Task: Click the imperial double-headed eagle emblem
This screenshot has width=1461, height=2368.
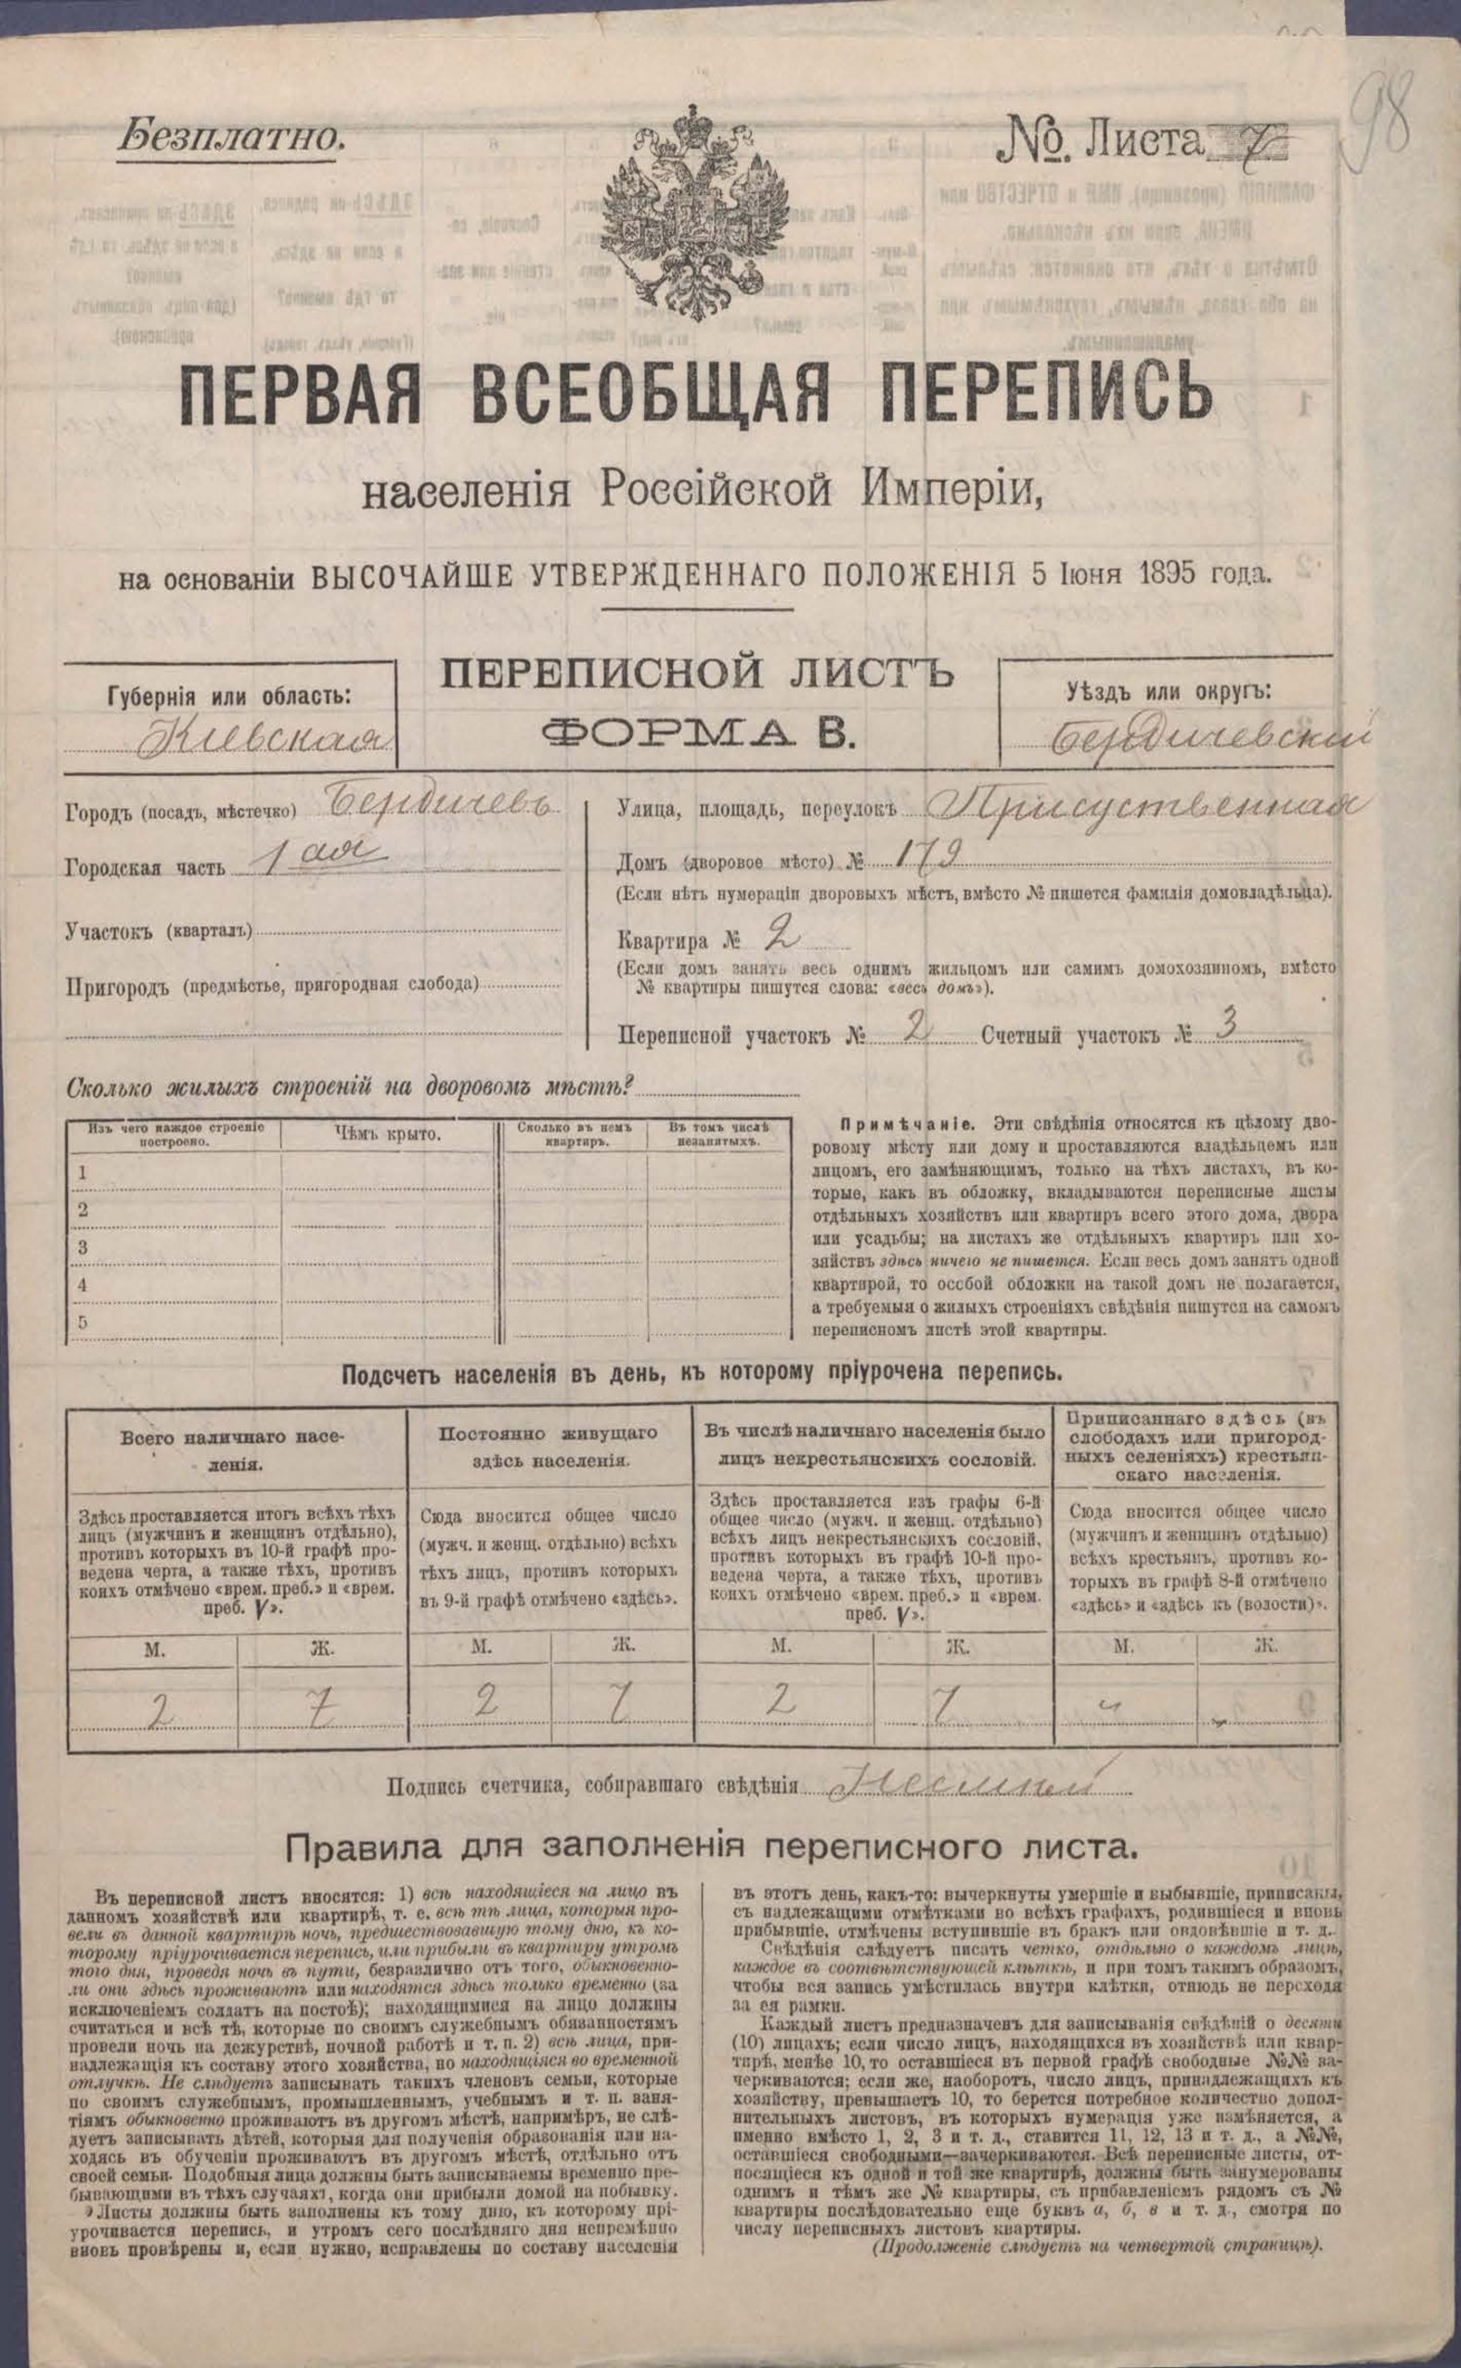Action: pyautogui.click(x=692, y=208)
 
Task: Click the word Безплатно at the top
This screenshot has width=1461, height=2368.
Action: pyautogui.click(x=231, y=136)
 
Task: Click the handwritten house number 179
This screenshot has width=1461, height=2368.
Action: pyautogui.click(x=912, y=852)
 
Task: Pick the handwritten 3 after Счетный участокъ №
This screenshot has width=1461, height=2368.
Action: pyautogui.click(x=1228, y=1028)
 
